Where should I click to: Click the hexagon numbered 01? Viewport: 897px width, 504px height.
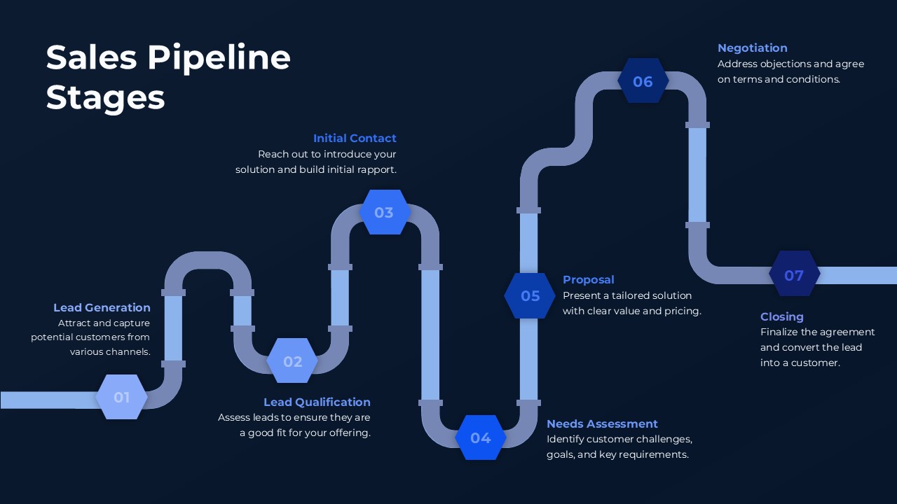(x=122, y=397)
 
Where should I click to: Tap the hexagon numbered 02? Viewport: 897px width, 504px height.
(x=292, y=361)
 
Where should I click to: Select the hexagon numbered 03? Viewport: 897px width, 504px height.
(x=384, y=212)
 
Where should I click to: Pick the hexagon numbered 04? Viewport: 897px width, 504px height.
(x=481, y=437)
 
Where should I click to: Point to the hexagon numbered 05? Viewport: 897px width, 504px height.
(x=530, y=296)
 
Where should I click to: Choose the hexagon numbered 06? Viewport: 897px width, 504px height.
(x=643, y=81)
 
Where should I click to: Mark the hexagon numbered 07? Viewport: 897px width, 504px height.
(x=794, y=275)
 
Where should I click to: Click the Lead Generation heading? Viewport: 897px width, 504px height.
(x=102, y=307)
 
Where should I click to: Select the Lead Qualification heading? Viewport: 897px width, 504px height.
(x=317, y=402)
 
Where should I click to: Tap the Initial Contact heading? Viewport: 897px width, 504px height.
(x=355, y=138)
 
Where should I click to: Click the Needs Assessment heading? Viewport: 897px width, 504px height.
(x=602, y=423)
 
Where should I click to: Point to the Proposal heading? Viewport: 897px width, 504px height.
(x=588, y=279)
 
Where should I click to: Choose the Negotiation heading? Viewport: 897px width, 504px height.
(x=752, y=48)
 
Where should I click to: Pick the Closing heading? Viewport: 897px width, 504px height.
(x=781, y=316)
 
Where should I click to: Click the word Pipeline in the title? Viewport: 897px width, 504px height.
(x=219, y=57)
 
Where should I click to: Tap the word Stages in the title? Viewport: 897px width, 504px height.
(x=105, y=97)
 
